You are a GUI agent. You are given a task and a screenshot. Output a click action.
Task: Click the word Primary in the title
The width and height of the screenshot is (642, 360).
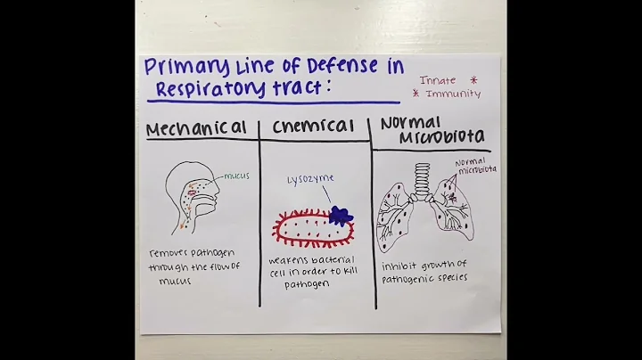coord(177,68)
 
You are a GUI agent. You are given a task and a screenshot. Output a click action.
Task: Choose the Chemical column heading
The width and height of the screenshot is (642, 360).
coord(313,127)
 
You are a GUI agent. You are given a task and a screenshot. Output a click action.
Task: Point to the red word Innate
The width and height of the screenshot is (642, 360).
coord(438,79)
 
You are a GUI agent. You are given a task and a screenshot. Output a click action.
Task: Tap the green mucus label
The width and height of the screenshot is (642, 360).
coord(236,176)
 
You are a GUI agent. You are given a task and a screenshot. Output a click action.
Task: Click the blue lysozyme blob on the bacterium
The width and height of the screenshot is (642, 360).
coord(340,215)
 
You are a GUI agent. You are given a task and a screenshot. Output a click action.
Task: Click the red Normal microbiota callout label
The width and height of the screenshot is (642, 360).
coord(475,166)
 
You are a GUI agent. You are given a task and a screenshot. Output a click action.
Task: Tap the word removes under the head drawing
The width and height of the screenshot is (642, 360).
coord(170,253)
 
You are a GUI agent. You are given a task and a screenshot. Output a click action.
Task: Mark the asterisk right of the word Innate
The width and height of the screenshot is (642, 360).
coord(473,79)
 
